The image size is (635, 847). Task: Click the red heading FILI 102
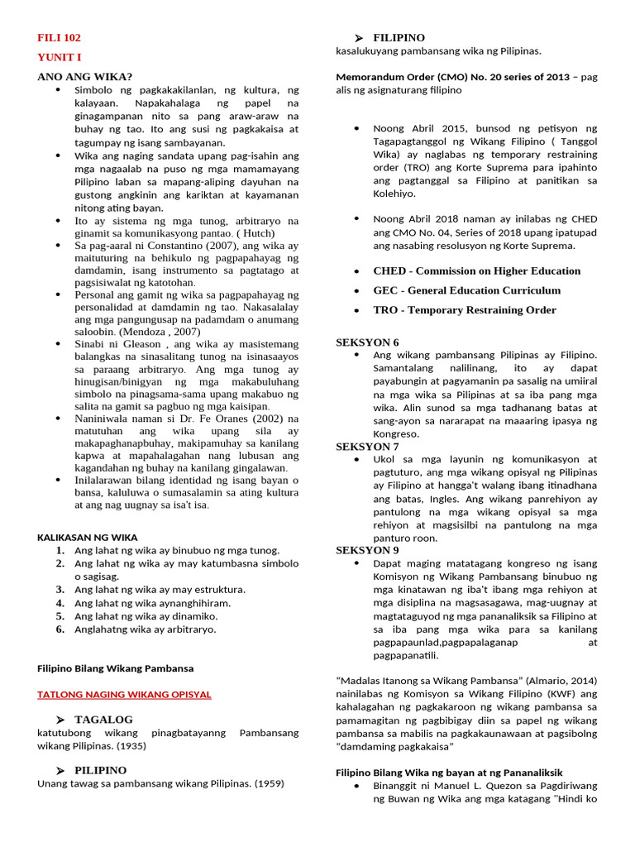60,38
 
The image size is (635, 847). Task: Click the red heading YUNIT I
60,57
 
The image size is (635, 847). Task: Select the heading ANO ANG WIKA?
85,76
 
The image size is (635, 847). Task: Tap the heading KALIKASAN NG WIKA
88,537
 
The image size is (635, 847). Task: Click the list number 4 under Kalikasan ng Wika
60,603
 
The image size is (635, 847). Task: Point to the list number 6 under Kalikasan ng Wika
60,629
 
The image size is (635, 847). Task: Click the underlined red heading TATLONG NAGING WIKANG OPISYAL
124,694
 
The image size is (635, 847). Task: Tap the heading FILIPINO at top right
399,38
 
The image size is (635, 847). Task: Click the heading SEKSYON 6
367,342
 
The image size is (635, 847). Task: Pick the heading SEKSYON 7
367,447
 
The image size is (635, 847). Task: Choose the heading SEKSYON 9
367,550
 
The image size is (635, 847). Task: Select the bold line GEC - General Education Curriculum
466,290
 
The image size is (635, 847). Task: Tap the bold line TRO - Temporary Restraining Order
464,310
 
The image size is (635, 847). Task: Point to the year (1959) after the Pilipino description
267,784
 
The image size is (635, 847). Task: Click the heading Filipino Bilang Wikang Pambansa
116,668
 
